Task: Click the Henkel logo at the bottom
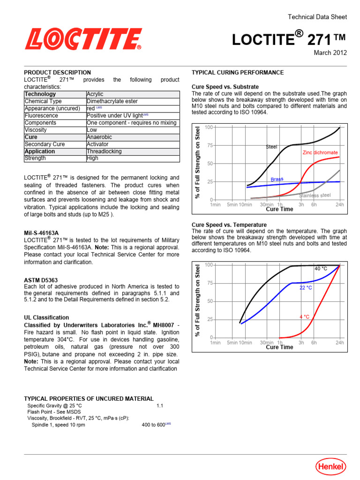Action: coord(330,466)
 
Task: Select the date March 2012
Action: coord(330,52)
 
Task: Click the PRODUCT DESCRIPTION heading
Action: coord(57,73)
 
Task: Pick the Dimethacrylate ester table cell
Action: coord(112,101)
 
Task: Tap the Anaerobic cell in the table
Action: coord(99,137)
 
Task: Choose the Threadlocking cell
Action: coord(104,151)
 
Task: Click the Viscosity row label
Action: coord(36,130)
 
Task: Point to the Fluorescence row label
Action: coord(41,115)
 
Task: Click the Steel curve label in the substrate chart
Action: coord(271,147)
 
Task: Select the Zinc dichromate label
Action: coord(320,153)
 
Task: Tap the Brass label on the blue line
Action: coord(277,179)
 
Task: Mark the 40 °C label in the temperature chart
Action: coord(321,269)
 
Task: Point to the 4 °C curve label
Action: coord(304,317)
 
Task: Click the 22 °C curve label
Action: coord(306,287)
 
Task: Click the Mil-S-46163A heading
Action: coord(41,232)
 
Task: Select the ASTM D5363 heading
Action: coord(41,280)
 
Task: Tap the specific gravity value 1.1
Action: coord(159,405)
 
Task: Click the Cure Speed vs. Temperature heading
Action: coord(229,225)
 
